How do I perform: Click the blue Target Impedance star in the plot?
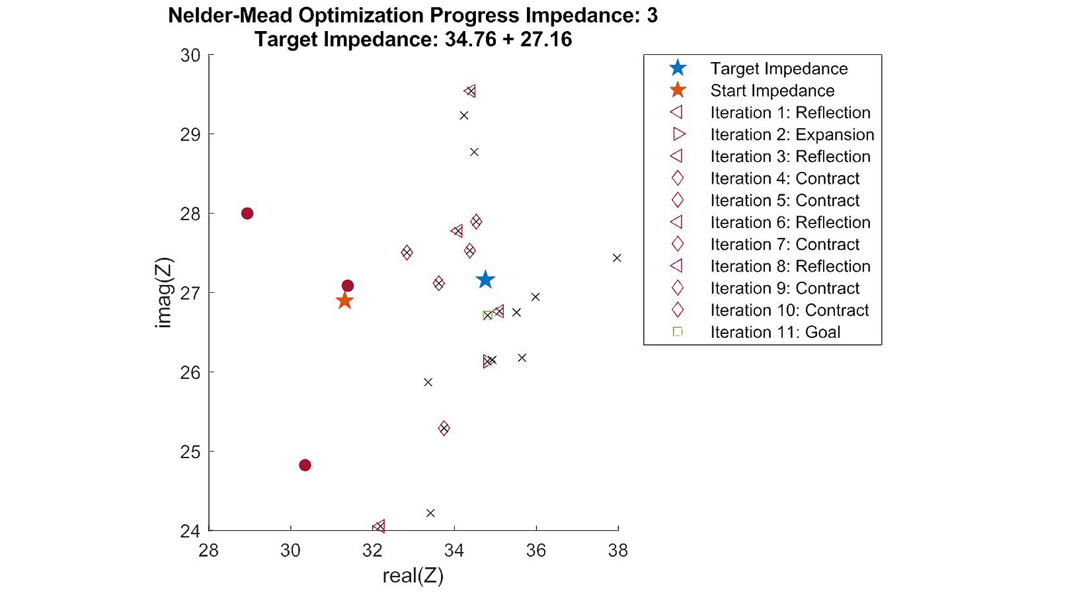click(x=485, y=280)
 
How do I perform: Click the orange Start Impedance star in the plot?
click(x=344, y=301)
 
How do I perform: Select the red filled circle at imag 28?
click(x=247, y=214)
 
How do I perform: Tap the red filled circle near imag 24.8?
click(x=305, y=465)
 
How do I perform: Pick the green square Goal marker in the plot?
click(x=487, y=316)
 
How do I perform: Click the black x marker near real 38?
click(x=617, y=258)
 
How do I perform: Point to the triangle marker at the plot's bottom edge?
click(x=379, y=526)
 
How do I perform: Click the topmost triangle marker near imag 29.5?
click(x=470, y=91)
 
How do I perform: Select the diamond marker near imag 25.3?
click(x=444, y=428)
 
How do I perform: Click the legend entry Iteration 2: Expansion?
click(x=792, y=135)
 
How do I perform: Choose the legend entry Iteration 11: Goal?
click(x=775, y=332)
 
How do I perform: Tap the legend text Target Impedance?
click(x=779, y=69)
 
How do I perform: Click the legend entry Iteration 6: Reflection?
click(x=790, y=222)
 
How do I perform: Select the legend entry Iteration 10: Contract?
click(x=789, y=310)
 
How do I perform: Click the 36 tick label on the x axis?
click(x=536, y=550)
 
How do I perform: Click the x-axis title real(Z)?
click(x=413, y=576)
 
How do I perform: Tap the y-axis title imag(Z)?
click(x=164, y=292)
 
